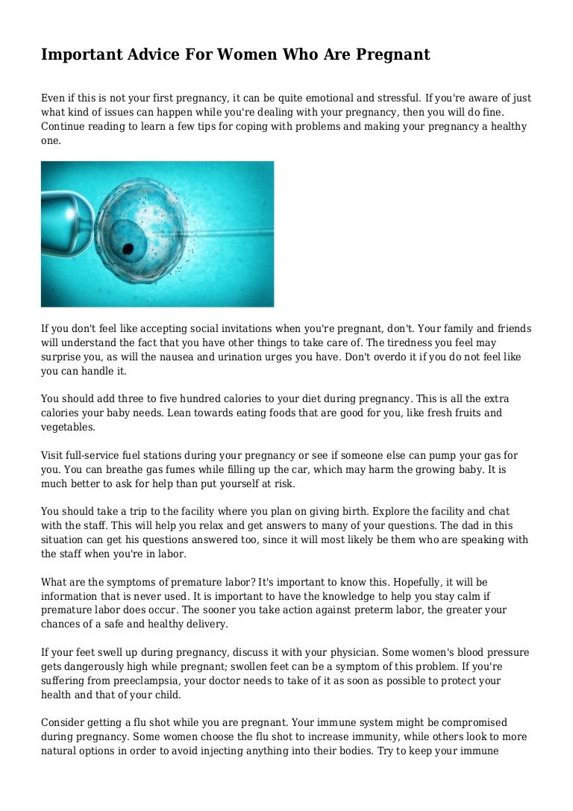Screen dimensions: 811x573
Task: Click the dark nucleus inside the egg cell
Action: pos(128,248)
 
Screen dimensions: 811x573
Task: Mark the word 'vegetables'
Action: pos(68,428)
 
